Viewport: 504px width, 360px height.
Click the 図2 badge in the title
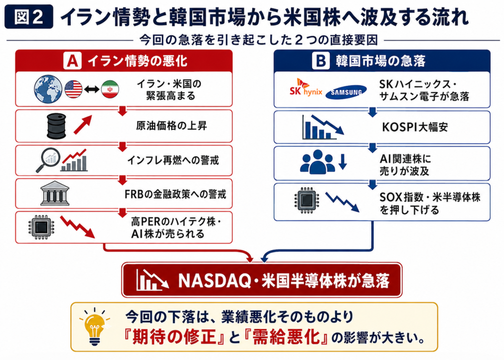tap(29, 17)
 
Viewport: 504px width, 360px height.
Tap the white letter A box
tap(72, 61)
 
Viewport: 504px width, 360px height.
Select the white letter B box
tap(321, 61)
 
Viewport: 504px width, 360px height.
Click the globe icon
tap(48, 89)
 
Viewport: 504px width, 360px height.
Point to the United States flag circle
tap(73, 89)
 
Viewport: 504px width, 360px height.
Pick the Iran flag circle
tap(110, 89)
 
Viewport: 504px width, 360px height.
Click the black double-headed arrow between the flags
tap(92, 89)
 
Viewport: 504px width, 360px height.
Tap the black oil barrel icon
tap(56, 126)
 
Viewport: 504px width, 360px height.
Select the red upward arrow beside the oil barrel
tap(83, 125)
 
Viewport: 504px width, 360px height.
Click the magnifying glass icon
tap(48, 160)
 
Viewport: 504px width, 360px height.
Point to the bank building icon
tap(55, 193)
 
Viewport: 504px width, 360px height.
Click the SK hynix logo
tap(306, 88)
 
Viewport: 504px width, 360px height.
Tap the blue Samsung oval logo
tap(346, 92)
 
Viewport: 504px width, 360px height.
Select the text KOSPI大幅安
tap(415, 127)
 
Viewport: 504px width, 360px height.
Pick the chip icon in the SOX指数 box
tap(307, 200)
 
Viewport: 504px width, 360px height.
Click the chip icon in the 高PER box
tap(41, 227)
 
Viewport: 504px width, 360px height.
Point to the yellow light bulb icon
tap(95, 327)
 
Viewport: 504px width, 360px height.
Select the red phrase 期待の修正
tap(175, 337)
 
